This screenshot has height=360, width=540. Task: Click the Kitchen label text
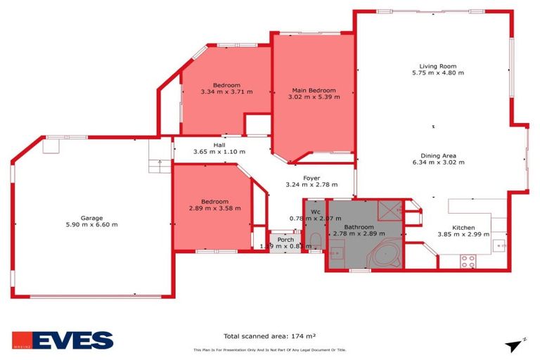(x=463, y=227)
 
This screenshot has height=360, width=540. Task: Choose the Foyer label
(x=311, y=178)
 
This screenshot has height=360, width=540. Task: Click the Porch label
(x=285, y=240)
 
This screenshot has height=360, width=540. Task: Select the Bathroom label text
(x=359, y=227)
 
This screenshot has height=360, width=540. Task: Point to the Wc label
(x=316, y=211)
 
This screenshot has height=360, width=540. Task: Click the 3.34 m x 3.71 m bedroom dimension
(x=226, y=92)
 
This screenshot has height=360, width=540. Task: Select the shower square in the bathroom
(x=390, y=209)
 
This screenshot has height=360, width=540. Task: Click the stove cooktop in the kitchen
(x=468, y=261)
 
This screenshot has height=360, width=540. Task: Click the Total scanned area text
(x=274, y=336)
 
